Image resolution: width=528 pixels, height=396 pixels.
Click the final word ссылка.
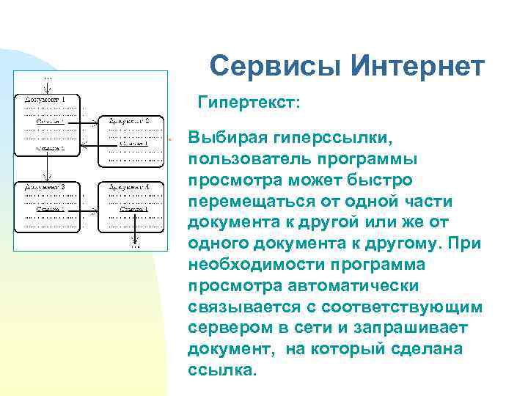coord(223,370)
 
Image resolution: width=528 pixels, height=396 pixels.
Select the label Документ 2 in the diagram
coord(129,120)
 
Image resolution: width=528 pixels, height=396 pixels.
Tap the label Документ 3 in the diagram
coord(45,187)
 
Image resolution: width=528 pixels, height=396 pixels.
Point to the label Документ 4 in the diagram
coord(129,187)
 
